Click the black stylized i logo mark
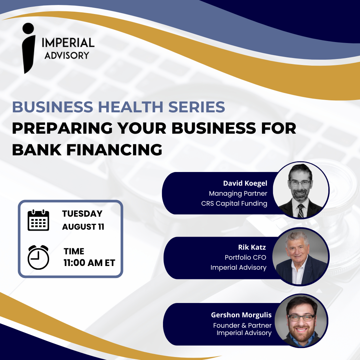coord(28,48)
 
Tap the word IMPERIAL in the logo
coord(68,43)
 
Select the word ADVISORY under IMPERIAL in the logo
coord(67,55)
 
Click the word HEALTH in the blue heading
coord(131,107)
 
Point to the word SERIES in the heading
coord(197,107)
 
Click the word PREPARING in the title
coord(62,128)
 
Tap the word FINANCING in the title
coord(114,150)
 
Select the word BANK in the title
coord(37,150)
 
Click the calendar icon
coord(38,220)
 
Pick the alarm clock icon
coord(38,257)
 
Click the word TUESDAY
coord(82,214)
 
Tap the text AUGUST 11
coord(83,227)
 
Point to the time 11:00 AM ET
coord(89,263)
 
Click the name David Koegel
coord(245,183)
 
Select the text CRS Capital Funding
coord(234,203)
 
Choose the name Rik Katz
coord(252,247)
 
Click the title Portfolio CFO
coord(245,257)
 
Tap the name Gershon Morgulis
coord(241,315)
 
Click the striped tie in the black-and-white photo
coord(301,211)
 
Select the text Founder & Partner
coord(242,325)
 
